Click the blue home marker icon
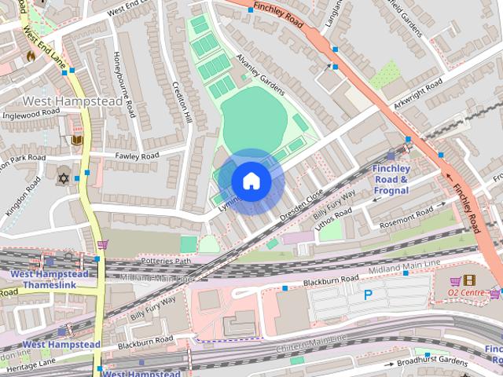[251, 181]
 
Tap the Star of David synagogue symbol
[64, 178]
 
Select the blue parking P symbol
[368, 295]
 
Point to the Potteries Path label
[165, 260]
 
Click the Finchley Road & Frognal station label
[390, 179]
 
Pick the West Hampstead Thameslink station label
[49, 279]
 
